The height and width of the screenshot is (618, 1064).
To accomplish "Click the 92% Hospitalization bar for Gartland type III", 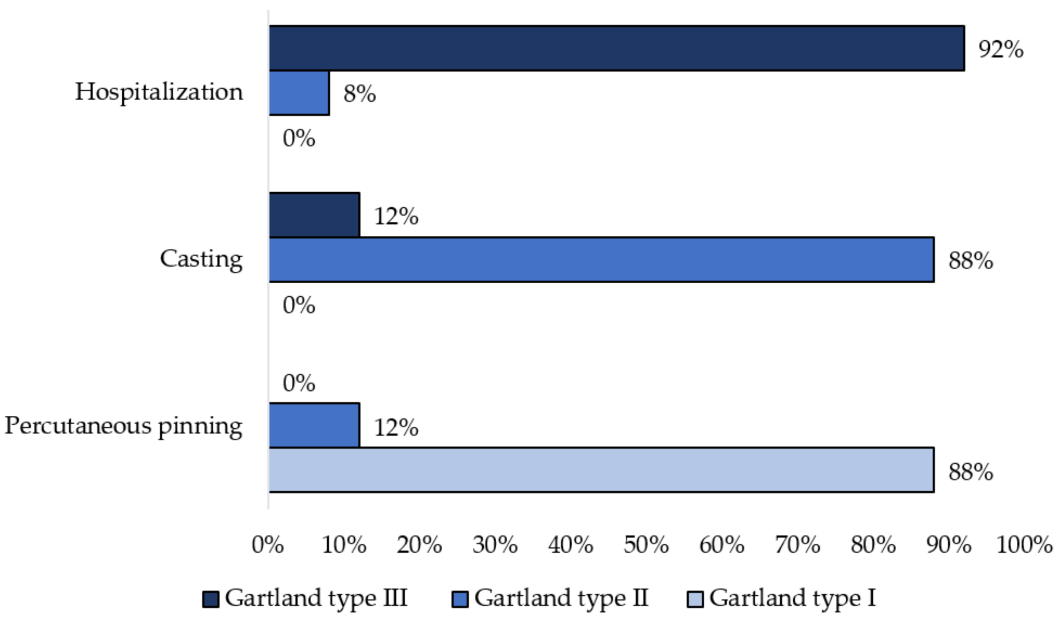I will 616,48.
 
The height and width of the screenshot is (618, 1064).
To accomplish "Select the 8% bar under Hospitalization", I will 299,93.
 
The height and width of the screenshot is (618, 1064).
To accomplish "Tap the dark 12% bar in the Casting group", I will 314,215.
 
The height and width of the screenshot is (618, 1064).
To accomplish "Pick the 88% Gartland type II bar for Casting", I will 601,259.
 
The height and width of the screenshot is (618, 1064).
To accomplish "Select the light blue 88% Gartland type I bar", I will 601,470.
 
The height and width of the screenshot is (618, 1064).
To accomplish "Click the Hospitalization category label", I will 159,92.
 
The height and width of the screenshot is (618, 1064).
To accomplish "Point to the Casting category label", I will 201,259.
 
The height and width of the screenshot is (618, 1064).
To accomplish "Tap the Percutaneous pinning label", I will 123,426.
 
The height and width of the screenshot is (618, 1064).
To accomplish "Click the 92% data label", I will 1001,50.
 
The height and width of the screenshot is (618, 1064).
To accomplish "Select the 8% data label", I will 359,94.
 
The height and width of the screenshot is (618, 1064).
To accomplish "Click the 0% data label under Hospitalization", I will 299,139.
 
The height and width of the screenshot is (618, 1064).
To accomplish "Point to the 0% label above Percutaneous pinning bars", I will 299,383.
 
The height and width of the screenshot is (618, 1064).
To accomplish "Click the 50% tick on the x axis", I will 646,545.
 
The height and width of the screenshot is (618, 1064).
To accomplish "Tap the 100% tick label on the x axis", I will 1024,545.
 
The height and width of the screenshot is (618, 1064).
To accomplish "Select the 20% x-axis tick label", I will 419,545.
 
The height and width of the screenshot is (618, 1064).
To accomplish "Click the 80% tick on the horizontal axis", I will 873,545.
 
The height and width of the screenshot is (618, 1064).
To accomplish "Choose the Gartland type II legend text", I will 561,598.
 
